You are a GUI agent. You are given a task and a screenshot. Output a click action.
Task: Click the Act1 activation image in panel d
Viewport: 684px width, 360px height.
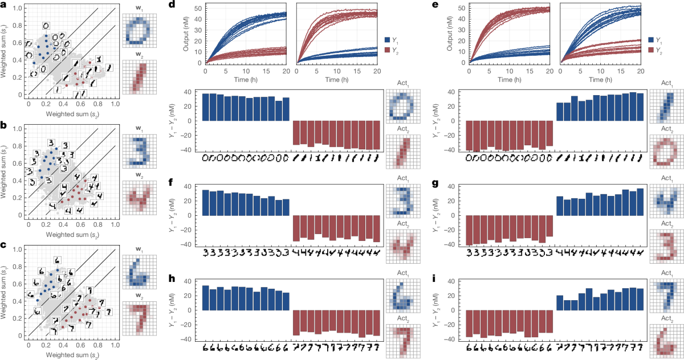[400, 108]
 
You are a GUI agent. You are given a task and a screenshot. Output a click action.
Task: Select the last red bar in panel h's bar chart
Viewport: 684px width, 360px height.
[376, 323]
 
